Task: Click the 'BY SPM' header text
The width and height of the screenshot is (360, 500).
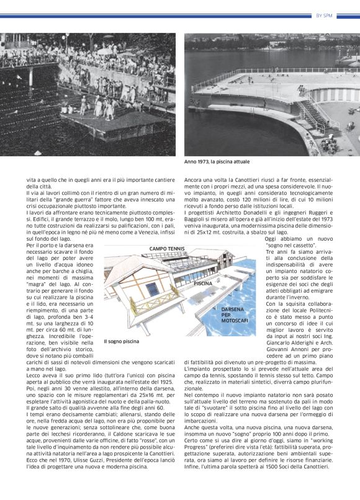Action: click(x=324, y=16)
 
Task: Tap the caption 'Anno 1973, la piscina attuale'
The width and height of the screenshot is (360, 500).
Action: click(x=217, y=162)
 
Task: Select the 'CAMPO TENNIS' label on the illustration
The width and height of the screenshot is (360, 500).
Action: click(x=167, y=249)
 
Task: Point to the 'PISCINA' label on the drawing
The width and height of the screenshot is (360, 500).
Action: click(x=203, y=283)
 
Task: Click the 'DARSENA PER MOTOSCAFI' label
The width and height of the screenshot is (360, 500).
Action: click(x=232, y=315)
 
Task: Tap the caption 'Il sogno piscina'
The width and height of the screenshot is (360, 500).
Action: click(x=122, y=341)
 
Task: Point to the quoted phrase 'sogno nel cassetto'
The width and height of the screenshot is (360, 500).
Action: click(x=290, y=245)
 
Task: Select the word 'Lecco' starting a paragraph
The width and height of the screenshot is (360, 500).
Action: click(x=33, y=375)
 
